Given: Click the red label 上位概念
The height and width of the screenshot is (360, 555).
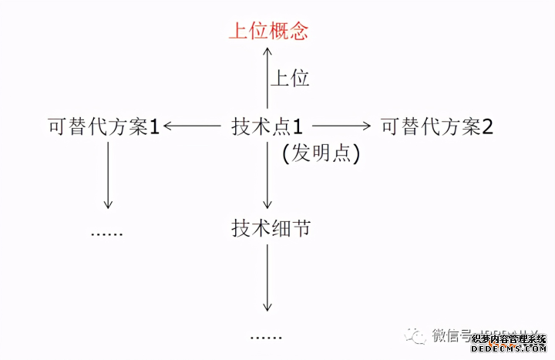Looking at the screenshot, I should tap(268, 31).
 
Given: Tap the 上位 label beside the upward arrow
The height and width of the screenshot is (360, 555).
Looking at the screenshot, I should tap(289, 78).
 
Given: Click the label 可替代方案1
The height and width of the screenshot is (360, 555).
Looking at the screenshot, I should tap(103, 126).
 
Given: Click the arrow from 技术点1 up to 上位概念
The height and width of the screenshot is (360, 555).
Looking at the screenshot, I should tap(267, 77).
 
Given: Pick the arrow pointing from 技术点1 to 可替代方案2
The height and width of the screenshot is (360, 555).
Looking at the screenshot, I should tap(341, 126).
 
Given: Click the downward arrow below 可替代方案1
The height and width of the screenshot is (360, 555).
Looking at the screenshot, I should tap(109, 176).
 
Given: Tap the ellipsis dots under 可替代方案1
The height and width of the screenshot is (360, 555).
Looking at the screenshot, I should tap(107, 233).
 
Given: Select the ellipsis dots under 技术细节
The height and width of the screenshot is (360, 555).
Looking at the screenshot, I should tap(267, 337).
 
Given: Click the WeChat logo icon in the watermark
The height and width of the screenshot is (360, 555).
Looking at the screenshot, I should tap(417, 335).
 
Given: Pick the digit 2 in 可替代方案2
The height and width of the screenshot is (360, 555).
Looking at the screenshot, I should tap(486, 126).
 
